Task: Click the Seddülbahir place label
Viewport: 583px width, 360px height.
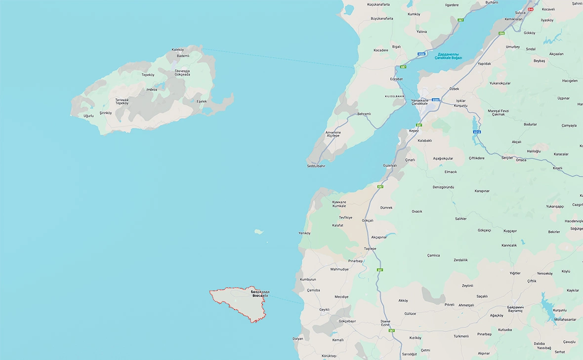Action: click(x=316, y=166)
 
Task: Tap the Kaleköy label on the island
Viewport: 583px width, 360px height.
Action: click(x=177, y=50)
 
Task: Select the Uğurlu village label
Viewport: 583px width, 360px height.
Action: click(x=88, y=116)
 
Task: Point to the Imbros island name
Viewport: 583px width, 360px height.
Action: click(x=152, y=89)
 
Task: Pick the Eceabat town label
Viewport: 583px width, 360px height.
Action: click(x=396, y=79)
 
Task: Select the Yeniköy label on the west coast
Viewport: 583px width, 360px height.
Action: click(x=304, y=233)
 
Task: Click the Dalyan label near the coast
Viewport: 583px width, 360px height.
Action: click(x=297, y=339)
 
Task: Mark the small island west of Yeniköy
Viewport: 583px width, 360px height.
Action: click(x=258, y=231)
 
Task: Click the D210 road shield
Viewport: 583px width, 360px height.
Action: click(x=477, y=132)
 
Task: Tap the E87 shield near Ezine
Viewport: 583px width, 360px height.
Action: click(x=391, y=330)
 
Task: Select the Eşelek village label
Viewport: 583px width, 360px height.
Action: click(x=202, y=101)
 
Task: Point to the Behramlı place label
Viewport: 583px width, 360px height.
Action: click(x=364, y=114)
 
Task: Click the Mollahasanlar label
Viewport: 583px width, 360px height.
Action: click(x=565, y=320)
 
